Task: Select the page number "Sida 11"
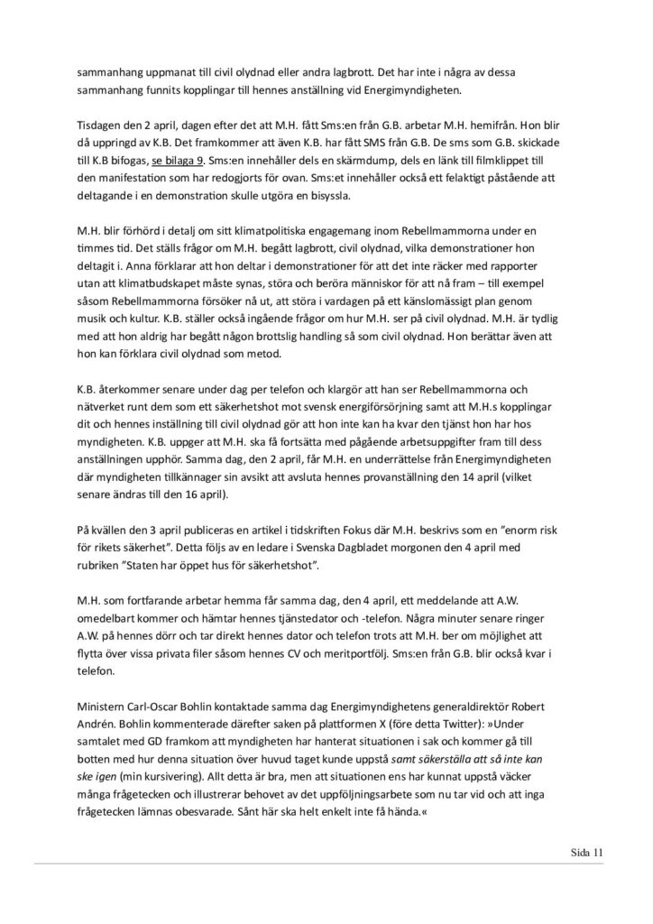pos(589,849)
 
